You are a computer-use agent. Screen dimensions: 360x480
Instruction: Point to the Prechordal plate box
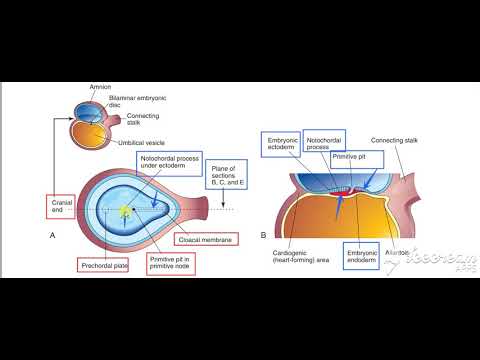(x=103, y=266)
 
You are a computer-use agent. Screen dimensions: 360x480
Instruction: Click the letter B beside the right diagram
(x=262, y=235)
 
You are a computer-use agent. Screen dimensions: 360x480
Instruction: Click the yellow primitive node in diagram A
(x=124, y=211)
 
